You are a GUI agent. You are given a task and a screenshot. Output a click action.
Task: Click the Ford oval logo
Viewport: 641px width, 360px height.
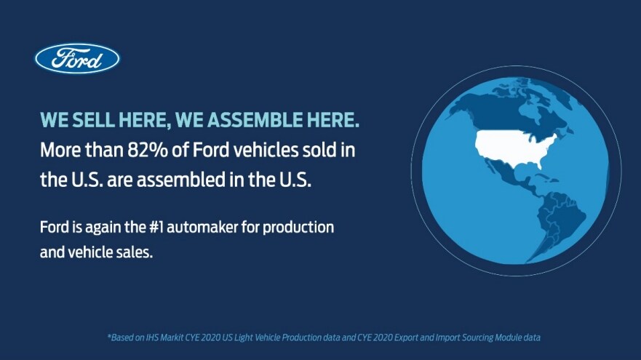77,59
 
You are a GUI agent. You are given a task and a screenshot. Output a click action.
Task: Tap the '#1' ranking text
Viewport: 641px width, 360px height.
156,227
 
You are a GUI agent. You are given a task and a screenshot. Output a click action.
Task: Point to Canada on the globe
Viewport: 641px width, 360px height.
515,111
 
